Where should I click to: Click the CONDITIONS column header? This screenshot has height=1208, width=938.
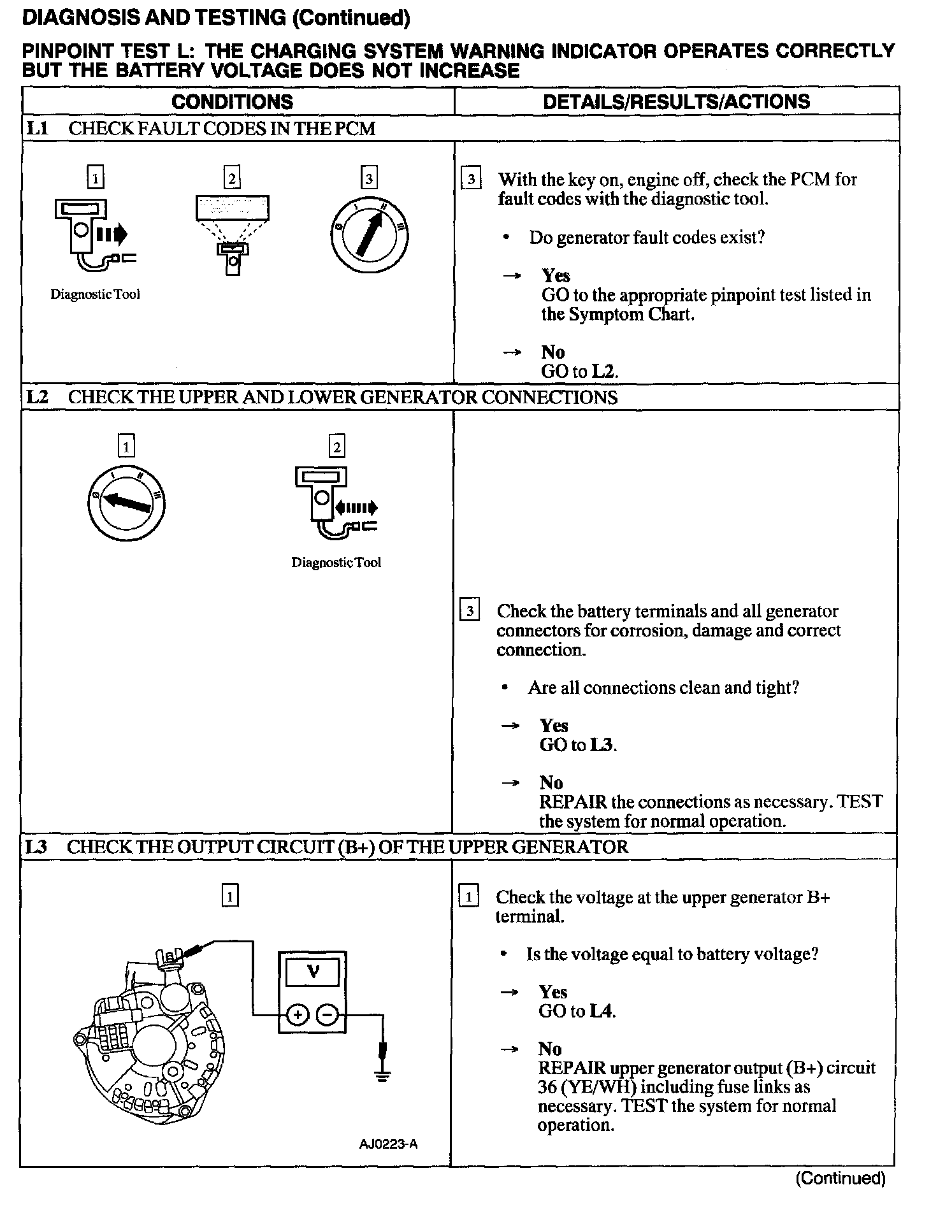coord(233,102)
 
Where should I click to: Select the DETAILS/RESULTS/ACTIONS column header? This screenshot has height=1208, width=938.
coord(676,102)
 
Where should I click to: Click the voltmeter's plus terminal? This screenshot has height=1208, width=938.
coord(297,1014)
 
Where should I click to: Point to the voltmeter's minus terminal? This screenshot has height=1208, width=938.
coord(327,1014)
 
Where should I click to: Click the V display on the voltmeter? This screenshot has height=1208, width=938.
coord(313,972)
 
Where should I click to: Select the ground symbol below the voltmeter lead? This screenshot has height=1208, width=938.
coord(382,1076)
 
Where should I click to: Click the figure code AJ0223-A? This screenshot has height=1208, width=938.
coord(388,1144)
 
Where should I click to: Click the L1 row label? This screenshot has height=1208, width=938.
coord(37,129)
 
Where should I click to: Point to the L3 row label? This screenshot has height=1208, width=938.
coord(37,847)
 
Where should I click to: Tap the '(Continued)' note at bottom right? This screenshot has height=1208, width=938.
coord(841,1178)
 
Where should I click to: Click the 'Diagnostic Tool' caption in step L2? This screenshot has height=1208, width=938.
coord(336,563)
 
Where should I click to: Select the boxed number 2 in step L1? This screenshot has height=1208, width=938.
coord(232,178)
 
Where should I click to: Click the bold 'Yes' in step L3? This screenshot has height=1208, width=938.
coord(552,992)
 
